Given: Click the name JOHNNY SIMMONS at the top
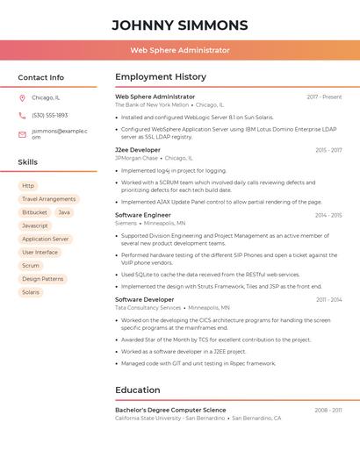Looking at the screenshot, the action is (x=180, y=25).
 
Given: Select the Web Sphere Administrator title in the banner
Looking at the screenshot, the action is (x=180, y=51).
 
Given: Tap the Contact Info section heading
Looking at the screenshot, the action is (x=41, y=77).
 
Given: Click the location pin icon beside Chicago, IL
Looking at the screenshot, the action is (x=22, y=98).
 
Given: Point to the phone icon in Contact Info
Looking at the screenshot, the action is (x=22, y=115).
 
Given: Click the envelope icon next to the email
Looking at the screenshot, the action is (x=22, y=133).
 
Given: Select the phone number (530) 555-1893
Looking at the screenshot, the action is (x=49, y=115).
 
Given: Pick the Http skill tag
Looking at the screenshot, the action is (x=28, y=186).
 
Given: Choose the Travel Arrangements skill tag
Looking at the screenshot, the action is (x=48, y=199).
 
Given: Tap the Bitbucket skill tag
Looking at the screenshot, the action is (x=34, y=212).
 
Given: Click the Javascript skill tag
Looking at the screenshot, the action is (x=35, y=225).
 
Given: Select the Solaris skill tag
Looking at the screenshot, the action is (x=31, y=292).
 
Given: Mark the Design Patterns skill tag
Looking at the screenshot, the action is (x=42, y=279).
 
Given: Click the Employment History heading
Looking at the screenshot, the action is (x=161, y=77).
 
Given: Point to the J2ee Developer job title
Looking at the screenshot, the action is (x=138, y=150).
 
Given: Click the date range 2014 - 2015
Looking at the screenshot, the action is (x=328, y=215).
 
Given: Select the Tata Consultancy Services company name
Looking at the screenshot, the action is (x=148, y=308).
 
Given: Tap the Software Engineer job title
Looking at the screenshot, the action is (x=143, y=215).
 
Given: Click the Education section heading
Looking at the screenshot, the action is (x=138, y=390).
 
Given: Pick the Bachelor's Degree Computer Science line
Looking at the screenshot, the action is (x=170, y=410).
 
